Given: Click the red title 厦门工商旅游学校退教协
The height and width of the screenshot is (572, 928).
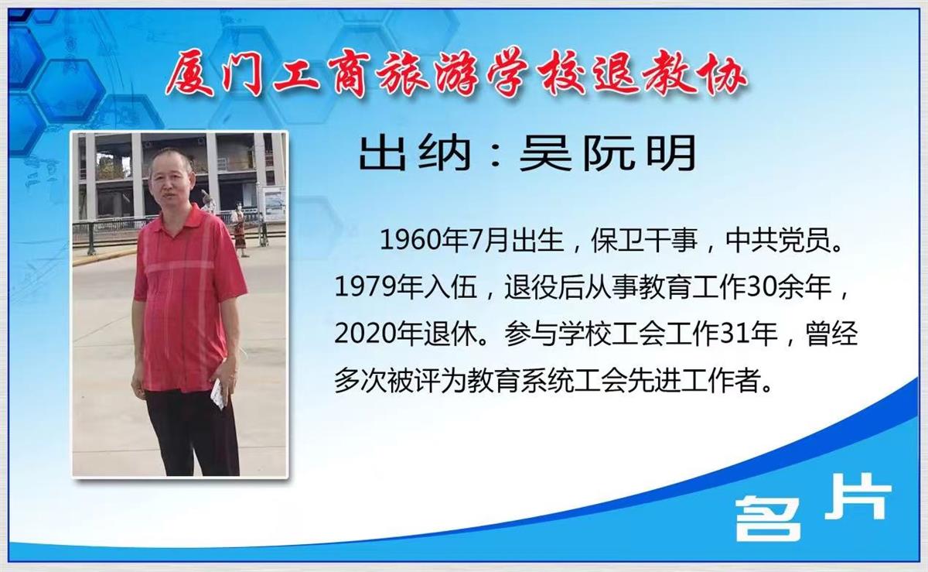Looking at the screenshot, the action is click(x=455, y=74).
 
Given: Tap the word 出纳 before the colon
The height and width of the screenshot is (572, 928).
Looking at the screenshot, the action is click(x=415, y=153).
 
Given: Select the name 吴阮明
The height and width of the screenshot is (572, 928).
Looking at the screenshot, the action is click(x=607, y=153).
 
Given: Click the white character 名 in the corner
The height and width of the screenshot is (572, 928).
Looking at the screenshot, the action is click(x=768, y=519).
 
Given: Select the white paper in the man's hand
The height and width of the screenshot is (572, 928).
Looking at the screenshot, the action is click(x=218, y=393).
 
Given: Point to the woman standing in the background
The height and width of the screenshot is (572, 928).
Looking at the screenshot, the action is click(x=240, y=228).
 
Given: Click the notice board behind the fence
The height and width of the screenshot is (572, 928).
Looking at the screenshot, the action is click(x=274, y=204).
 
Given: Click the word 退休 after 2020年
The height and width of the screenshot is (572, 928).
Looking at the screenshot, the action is click(x=451, y=334).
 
